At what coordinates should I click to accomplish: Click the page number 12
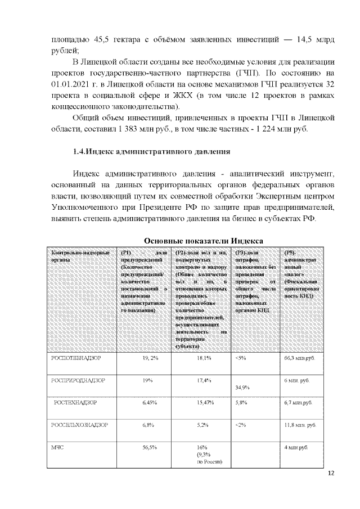click(x=331, y=474)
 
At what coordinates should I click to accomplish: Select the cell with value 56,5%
click(x=150, y=447)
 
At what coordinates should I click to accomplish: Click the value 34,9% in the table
click(x=242, y=388)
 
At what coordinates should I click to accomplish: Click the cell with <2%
click(x=241, y=425)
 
